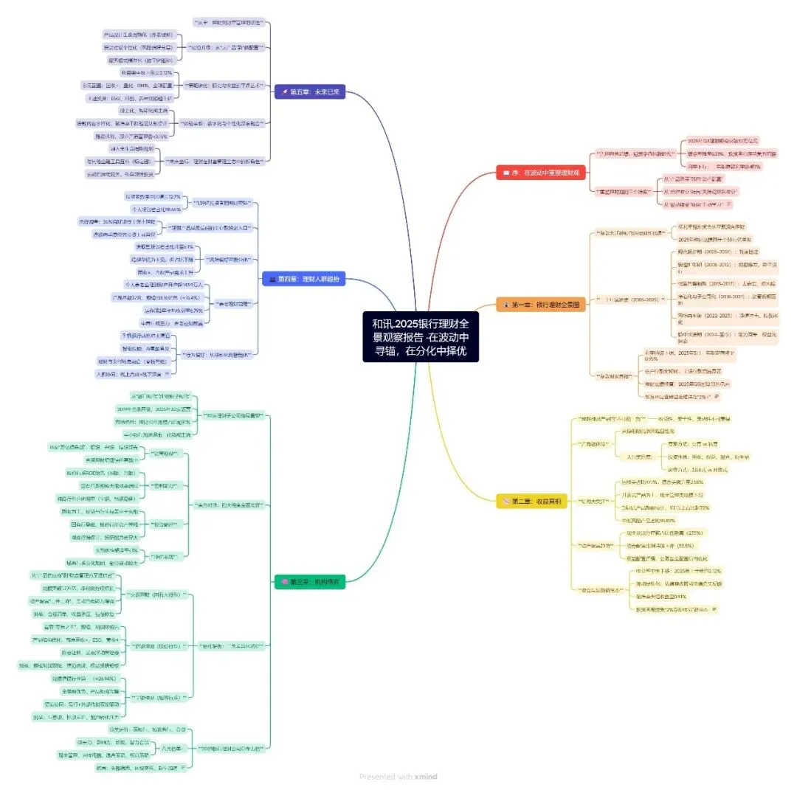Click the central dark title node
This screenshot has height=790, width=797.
(421, 336)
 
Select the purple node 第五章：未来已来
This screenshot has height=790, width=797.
(309, 92)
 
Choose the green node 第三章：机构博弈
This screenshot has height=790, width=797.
(308, 582)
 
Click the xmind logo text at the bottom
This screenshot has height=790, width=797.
(425, 776)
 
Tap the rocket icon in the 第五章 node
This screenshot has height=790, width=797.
(283, 92)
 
